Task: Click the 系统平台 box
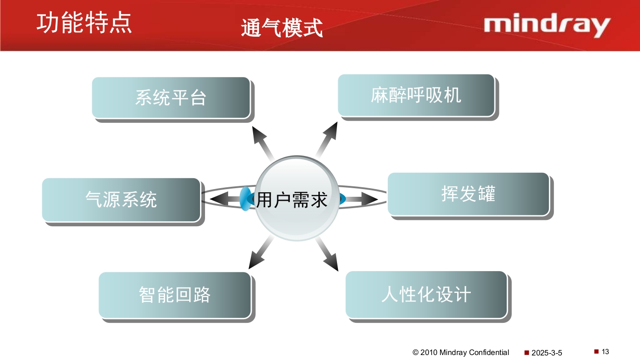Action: pyautogui.click(x=171, y=98)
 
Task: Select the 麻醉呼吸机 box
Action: pyautogui.click(x=416, y=95)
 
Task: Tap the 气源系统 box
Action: pyautogui.click(x=121, y=199)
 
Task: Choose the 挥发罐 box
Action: pyautogui.click(x=468, y=194)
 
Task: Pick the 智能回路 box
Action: pyautogui.click(x=175, y=295)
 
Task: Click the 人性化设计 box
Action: pyautogui.click(x=426, y=294)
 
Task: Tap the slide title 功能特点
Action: pyautogui.click(x=84, y=23)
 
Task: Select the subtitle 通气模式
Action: pyautogui.click(x=282, y=28)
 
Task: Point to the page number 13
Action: pyautogui.click(x=606, y=351)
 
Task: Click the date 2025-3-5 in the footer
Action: pyautogui.click(x=547, y=353)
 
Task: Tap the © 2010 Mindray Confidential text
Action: pyautogui.click(x=460, y=352)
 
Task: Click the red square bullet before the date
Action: pyautogui.click(x=527, y=352)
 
